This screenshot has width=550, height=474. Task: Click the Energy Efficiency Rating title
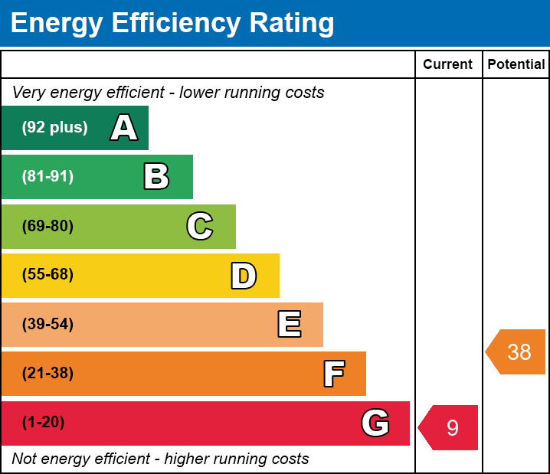tap(172, 24)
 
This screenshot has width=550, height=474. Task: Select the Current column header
tap(448, 64)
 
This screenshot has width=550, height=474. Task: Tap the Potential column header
tap(516, 64)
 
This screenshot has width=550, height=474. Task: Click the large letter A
tap(124, 128)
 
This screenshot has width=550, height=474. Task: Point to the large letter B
tap(156, 177)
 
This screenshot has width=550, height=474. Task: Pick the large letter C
tap(200, 226)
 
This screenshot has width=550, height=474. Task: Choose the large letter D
tap(244, 276)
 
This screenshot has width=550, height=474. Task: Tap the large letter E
tap(289, 325)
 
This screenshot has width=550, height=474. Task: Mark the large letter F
tap(333, 374)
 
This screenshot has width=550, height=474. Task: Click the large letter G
tap(375, 423)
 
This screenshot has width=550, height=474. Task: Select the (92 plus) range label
tap(54, 128)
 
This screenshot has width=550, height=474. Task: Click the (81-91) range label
tap(47, 177)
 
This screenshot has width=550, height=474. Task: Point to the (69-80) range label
tap(47, 226)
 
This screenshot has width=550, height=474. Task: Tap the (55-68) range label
tap(47, 275)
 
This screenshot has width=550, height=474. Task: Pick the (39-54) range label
tap(47, 324)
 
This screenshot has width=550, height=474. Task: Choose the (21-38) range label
tap(47, 373)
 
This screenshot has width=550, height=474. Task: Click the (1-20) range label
tap(44, 422)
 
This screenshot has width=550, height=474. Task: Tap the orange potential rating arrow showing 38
tap(517, 351)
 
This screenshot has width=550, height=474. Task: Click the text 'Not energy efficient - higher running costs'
tap(160, 459)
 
